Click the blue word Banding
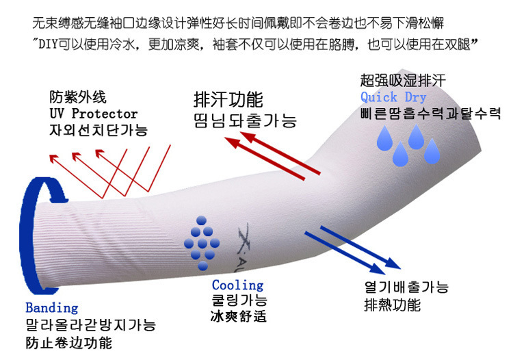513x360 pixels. (52, 308)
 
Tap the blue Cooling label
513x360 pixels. (237, 285)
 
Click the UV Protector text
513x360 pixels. (93, 114)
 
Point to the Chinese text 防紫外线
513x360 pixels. (78, 98)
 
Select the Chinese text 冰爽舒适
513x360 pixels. (238, 317)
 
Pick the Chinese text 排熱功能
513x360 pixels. (393, 305)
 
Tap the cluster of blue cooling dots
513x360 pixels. (201, 240)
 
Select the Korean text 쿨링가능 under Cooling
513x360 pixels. (239, 301)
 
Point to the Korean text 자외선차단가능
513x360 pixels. (98, 130)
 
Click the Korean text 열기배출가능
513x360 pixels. (406, 287)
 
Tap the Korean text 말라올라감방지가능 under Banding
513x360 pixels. (90, 325)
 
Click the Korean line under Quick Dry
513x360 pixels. (431, 113)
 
